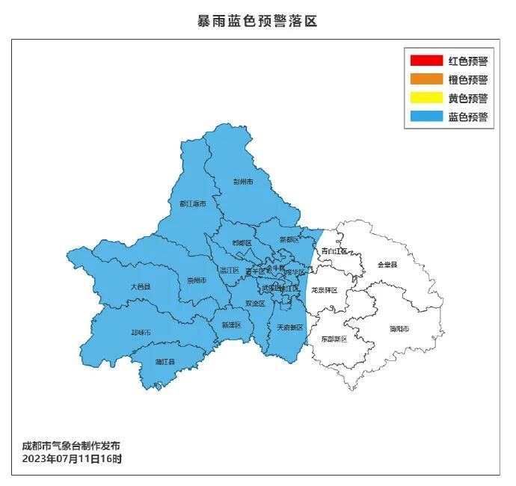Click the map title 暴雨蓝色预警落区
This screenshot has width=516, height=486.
click(257, 21)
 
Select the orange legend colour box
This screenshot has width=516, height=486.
click(426, 80)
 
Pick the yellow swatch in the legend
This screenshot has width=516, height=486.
click(426, 99)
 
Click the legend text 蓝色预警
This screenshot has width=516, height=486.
click(468, 117)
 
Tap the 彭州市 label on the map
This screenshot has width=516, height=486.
click(243, 182)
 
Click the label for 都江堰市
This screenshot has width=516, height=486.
click(193, 203)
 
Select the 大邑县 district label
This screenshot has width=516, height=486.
click(140, 286)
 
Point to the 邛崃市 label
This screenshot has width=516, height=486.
click(141, 333)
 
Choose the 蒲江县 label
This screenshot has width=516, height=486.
click(165, 362)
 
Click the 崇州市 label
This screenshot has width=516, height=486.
click(197, 280)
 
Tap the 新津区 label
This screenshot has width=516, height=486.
click(232, 325)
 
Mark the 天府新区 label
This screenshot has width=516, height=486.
click(290, 327)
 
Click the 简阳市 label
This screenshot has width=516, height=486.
click(399, 329)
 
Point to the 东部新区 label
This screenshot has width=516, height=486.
click(334, 339)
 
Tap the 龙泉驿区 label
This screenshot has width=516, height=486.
click(325, 290)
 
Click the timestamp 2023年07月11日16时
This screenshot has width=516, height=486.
click(72, 458)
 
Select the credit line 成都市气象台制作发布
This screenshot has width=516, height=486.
click(71, 446)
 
